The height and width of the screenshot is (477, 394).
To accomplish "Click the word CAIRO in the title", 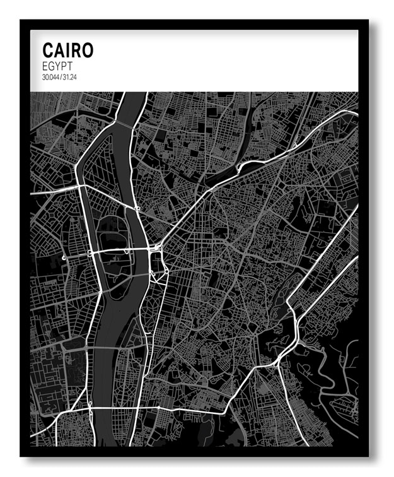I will tap(67, 50).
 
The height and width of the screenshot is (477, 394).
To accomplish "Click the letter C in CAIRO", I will tap(48, 50).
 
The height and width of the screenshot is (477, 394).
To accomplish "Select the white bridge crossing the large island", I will tap(113, 250).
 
